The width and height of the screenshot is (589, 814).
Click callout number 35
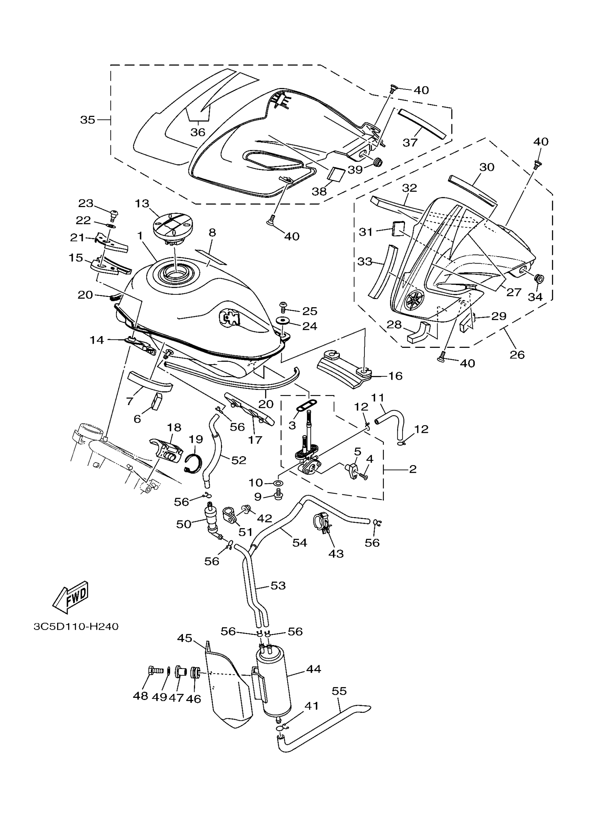pos(87,120)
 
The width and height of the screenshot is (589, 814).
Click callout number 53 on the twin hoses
pos(278,585)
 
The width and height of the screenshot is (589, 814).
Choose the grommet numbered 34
pos(538,278)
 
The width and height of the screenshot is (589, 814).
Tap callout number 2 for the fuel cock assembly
pos(413,468)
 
